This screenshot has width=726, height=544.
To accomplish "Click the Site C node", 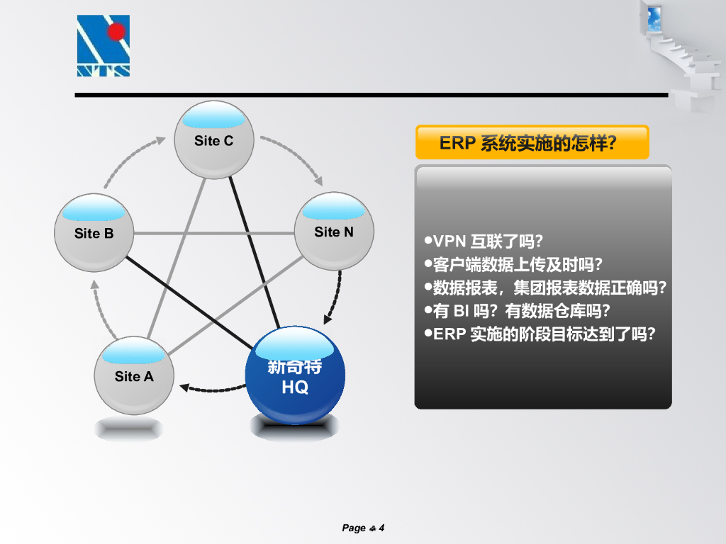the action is coord(213,140).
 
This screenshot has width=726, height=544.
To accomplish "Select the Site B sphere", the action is coord(94,232).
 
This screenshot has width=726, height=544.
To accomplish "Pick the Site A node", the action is coord(133,375).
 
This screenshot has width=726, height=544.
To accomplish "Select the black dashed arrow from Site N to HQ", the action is coord(337,293).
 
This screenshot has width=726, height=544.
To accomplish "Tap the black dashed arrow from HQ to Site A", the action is coord(213,388).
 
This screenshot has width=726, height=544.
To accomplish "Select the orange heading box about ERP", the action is coord(532,142).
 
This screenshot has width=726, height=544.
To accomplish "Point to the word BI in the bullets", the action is coord(462,310).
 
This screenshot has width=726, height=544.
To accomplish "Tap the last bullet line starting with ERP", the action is coord(542,334).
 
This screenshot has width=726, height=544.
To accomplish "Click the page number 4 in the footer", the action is coord(381,528).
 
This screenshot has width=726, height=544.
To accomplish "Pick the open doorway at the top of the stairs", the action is coord(654,18).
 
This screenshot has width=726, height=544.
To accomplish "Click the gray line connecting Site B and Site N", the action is coord(213,233).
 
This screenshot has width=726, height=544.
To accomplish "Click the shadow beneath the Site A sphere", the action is coord(129,428).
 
